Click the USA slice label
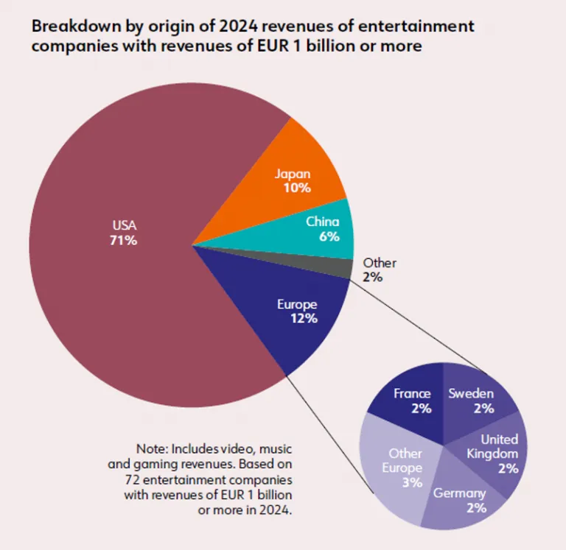125,225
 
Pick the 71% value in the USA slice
125,240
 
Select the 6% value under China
329,236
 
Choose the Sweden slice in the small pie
472,401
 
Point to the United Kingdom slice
497,453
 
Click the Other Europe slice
402,468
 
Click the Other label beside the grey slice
380,263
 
